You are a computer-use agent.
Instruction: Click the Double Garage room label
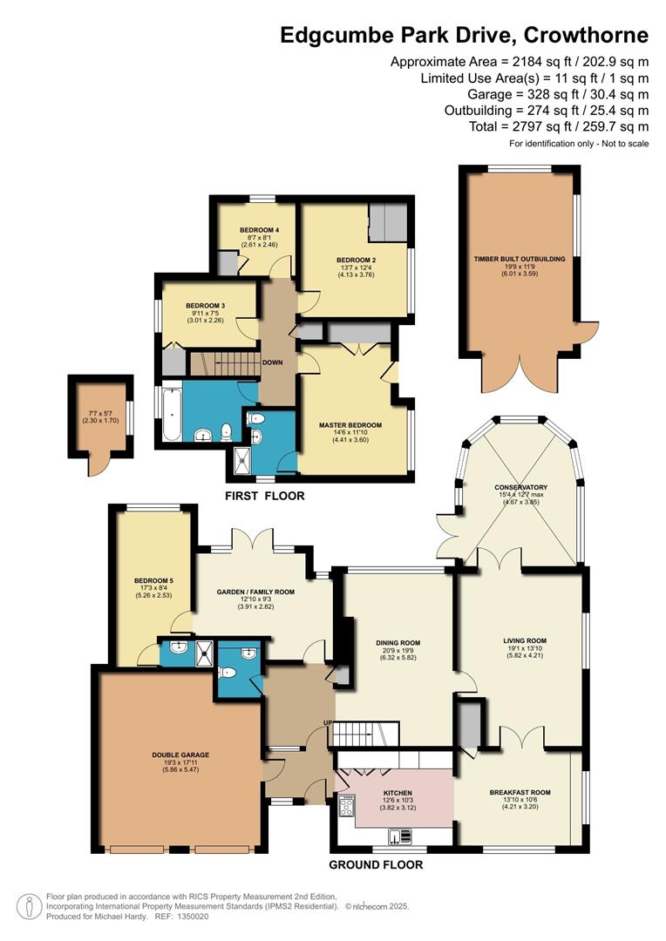pos(180,755)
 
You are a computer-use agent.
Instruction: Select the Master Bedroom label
pos(350,425)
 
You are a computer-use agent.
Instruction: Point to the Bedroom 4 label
pos(259,230)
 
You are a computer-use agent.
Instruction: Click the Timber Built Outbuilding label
pos(520,260)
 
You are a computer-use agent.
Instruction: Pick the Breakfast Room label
pos(520,792)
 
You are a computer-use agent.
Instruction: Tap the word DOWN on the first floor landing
pos(272,362)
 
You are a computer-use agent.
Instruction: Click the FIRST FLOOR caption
pos(265,496)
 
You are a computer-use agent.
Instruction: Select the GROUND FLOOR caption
pos(376,865)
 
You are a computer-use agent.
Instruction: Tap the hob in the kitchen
pos(347,805)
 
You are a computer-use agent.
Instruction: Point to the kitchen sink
pos(401,835)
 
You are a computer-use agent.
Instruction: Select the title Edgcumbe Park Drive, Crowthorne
pos(465,36)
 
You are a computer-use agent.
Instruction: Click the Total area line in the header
pos(559,126)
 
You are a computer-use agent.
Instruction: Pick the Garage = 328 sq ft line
pos(558,94)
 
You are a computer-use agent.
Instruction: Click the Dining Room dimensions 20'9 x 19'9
pos(398,651)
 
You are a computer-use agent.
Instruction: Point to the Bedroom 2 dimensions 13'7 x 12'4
pos(357,267)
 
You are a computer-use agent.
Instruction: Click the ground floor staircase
pos(366,734)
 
